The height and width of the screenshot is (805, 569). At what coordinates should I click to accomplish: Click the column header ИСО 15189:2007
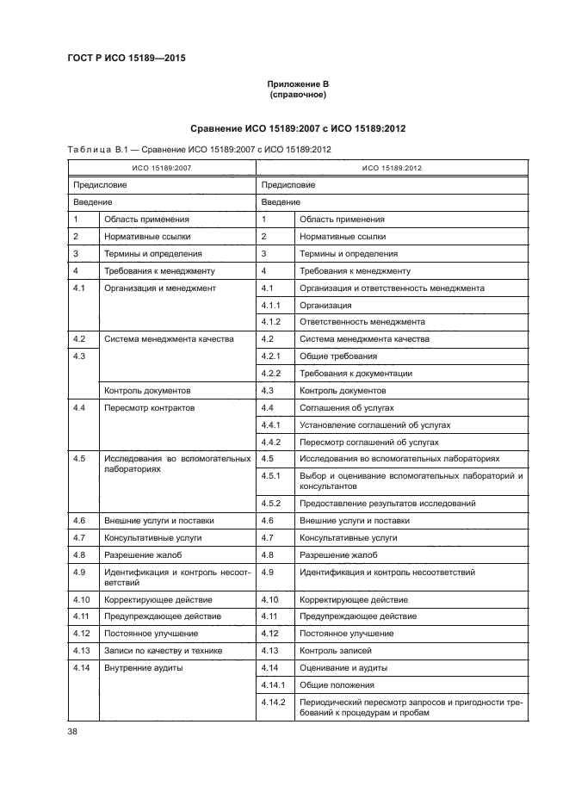click(x=161, y=168)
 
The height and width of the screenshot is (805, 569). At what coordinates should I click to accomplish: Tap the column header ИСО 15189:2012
click(x=392, y=168)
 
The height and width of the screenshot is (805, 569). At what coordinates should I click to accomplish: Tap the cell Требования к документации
click(x=355, y=373)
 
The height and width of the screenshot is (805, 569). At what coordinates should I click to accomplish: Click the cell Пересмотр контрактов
click(x=150, y=407)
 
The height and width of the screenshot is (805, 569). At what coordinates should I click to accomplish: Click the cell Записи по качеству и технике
click(x=164, y=650)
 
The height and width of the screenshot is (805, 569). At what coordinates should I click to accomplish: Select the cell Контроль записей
click(x=337, y=650)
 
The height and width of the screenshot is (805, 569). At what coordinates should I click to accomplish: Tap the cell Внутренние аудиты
click(x=143, y=667)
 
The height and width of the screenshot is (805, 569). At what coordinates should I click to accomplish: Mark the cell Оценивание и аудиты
click(x=343, y=667)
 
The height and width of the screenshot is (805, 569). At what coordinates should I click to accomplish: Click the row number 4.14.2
click(x=273, y=703)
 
